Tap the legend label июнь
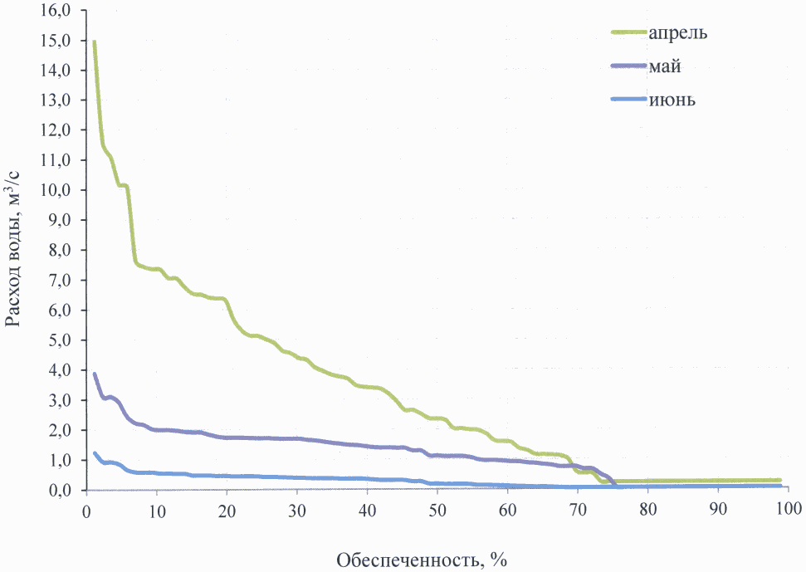[672, 100]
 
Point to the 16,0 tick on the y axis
[60, 10]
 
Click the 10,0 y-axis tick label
[60, 190]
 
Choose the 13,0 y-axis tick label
[60, 100]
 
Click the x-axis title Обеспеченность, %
[421, 559]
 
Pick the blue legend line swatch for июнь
[629, 100]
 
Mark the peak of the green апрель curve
[95, 42]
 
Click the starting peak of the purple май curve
[95, 374]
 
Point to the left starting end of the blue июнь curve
[95, 453]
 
